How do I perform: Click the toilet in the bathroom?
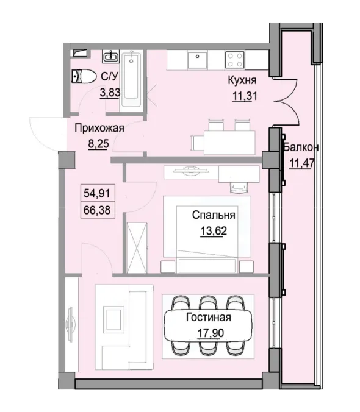coord(82,77)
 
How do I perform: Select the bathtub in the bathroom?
coord(132,79)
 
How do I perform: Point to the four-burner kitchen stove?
coord(236,59)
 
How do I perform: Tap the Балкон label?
coord(301,148)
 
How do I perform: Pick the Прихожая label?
coord(99,128)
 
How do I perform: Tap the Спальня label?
coord(213,215)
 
